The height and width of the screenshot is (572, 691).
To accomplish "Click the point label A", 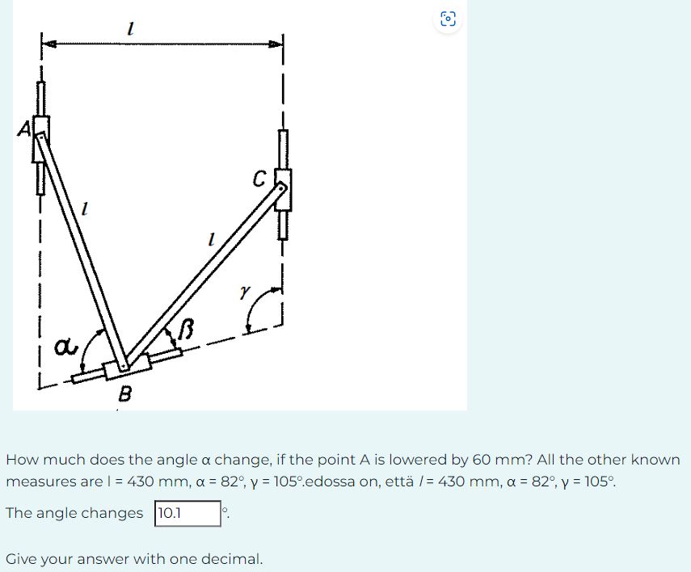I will [25, 128].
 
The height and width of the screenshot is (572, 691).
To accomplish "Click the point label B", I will [125, 395].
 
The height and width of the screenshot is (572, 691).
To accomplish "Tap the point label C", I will [259, 179].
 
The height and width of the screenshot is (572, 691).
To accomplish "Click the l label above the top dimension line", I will [130, 29].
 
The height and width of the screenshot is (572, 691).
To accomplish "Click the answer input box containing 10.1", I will [187, 513].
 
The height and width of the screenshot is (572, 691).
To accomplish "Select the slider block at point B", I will [127, 368].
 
